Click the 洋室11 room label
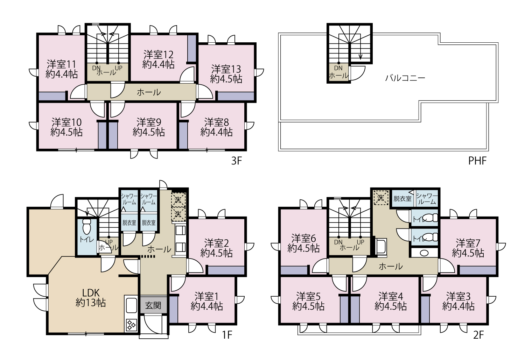[x=61, y=64]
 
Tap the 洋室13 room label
[x=226, y=69]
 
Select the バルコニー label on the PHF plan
[x=405, y=78]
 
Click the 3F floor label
[x=236, y=161]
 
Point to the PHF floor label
[x=477, y=161]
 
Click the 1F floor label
[x=227, y=335]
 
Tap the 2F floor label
[x=478, y=335]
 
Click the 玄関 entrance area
[x=153, y=305]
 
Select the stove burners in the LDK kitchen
[x=131, y=325]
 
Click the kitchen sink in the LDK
[x=131, y=305]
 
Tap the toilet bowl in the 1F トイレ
[x=87, y=227]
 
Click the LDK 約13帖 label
[x=91, y=298]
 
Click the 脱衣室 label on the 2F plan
[x=402, y=199]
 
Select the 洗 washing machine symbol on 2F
[x=381, y=198]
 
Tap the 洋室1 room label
[x=206, y=297]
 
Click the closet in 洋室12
[x=192, y=49]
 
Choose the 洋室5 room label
[x=308, y=297]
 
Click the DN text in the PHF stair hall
[x=338, y=68]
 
